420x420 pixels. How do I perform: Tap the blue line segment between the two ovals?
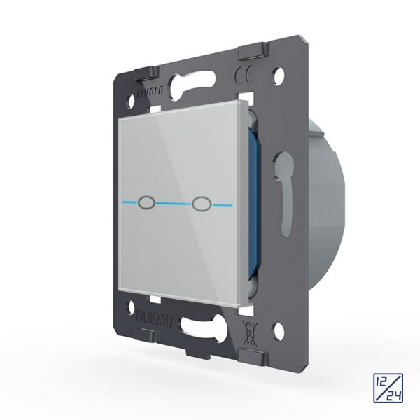[175, 203]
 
